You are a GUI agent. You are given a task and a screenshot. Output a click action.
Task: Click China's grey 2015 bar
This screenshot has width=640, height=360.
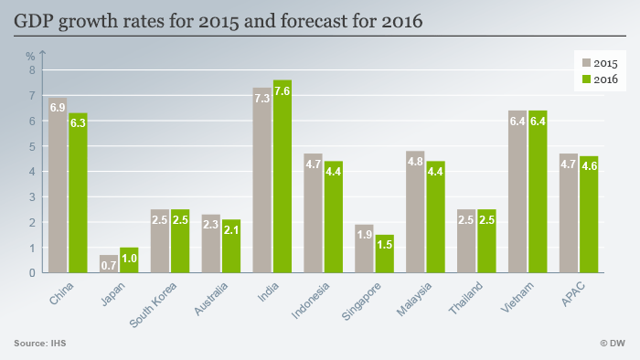coord(58,185)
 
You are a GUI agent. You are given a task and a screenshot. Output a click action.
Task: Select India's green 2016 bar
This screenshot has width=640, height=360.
coord(283,176)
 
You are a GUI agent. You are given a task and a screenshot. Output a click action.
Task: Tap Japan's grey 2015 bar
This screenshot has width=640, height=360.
coord(109,264)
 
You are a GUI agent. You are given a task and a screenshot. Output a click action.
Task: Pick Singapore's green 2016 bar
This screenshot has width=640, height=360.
coord(385,254)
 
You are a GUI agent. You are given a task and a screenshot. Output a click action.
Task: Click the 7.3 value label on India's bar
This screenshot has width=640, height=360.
coord(262,99)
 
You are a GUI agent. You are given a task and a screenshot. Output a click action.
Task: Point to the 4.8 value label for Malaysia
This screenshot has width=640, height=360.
coord(415,162)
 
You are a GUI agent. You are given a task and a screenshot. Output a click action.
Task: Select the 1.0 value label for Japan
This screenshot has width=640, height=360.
coord(129,258)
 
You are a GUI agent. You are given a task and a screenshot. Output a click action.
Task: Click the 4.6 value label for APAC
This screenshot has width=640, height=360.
coord(589,166)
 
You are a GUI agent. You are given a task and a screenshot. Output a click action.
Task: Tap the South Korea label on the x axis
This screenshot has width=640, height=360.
coord(153,304)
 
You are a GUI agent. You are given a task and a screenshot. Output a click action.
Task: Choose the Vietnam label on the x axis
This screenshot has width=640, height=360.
coord(517,297)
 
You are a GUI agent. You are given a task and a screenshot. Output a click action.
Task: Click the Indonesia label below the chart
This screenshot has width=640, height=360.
coord(310,301)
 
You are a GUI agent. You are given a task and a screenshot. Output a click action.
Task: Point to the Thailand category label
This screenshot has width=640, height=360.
coord(465,298)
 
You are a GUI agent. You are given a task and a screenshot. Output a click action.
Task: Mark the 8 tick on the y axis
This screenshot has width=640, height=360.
coord(32,70)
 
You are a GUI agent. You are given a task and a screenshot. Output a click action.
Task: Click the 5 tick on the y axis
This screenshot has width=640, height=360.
coord(32,146)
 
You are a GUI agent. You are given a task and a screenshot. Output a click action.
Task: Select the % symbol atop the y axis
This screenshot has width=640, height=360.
coord(30,57)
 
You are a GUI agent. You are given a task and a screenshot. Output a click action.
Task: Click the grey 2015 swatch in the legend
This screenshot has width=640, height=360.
coord(587,63)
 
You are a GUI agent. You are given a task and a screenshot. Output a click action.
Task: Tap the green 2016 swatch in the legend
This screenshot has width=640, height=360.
coord(587,79)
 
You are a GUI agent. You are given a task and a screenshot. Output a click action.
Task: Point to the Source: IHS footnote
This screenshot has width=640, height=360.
coord(40,344)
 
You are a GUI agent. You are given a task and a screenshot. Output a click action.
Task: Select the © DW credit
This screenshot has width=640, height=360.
coord(613,344)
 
